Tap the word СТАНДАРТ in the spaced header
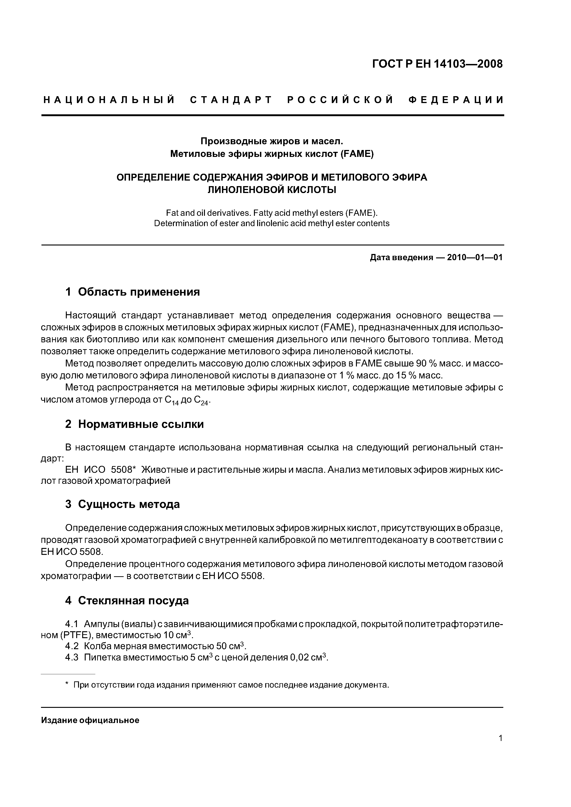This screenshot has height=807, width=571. tap(231, 100)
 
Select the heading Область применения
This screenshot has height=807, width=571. tap(139, 292)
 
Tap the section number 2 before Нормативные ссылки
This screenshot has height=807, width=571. tap(68, 424)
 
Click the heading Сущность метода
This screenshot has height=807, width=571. tap(129, 504)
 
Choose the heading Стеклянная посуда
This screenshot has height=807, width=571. tap(133, 600)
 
